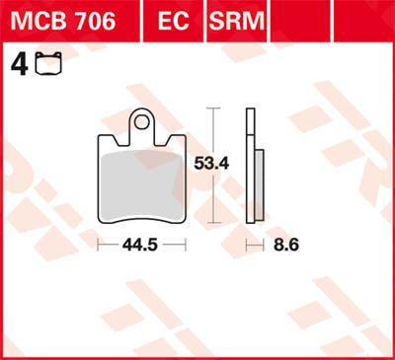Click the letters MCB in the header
pos(39,20)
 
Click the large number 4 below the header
pos(17,66)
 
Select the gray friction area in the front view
pos(143,182)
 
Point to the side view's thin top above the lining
pos(250,128)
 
